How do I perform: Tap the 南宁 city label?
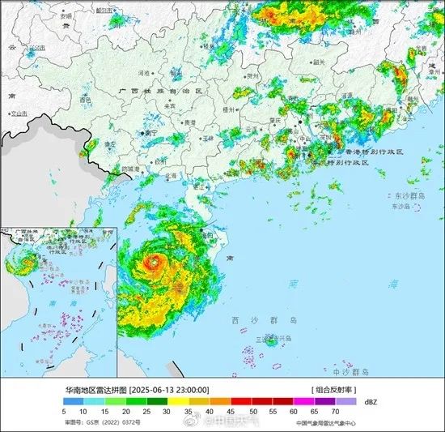pos(150,132)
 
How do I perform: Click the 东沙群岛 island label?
pos(410,196)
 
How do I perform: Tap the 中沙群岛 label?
pos(349,371)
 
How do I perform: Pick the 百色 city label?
pos(85,100)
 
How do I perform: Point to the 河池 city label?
pos(146,73)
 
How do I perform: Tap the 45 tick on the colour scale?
pos(231,412)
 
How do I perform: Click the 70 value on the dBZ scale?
pos(336,412)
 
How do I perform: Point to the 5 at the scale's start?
pos(64,412)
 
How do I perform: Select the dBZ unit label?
pos(371,400)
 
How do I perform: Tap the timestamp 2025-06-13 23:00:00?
pos(171,389)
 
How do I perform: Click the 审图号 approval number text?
pos(102,422)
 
